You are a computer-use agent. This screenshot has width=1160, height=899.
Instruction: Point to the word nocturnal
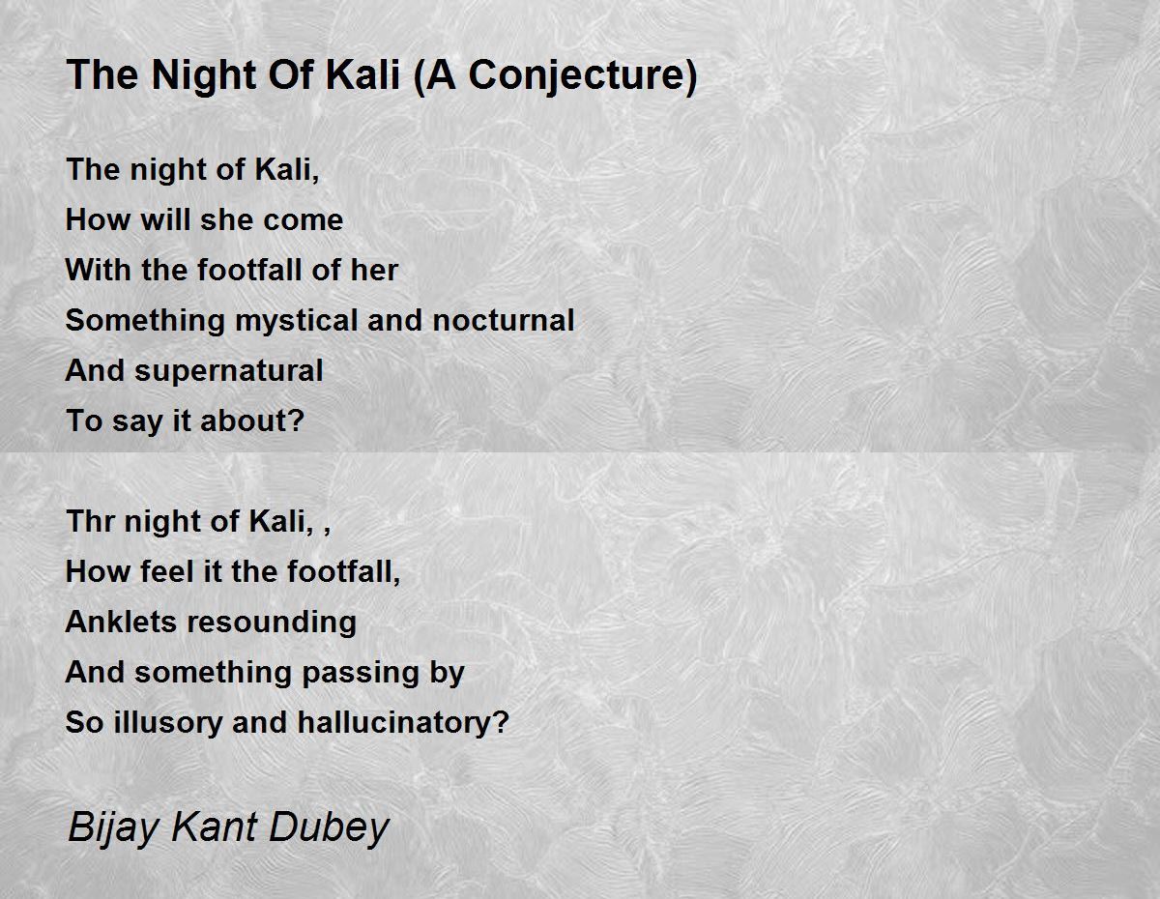pyautogui.click(x=504, y=320)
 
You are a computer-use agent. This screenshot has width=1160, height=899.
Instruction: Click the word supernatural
pyautogui.click(x=228, y=371)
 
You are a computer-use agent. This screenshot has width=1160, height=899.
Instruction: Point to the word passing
pyautogui.click(x=361, y=674)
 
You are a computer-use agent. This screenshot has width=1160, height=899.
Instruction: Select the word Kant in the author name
pyautogui.click(x=214, y=827)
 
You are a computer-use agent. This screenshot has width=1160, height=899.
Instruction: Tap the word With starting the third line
pyautogui.click(x=99, y=270)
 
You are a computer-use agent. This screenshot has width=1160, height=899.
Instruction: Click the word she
pyautogui.click(x=219, y=219)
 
